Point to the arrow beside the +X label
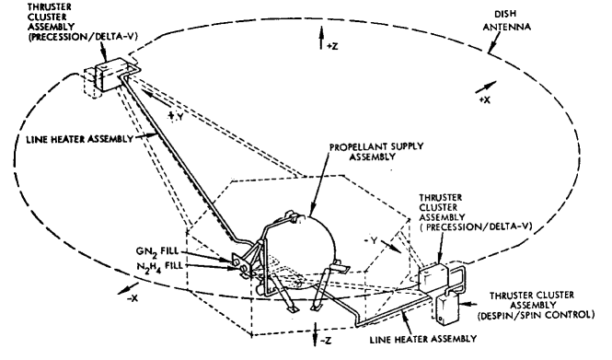click(483, 85)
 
